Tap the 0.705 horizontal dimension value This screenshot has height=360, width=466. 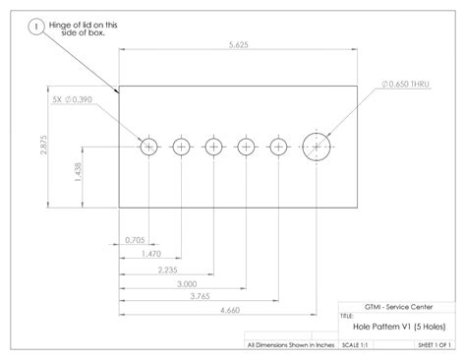click(x=135, y=240)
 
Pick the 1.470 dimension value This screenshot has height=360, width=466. click(x=150, y=254)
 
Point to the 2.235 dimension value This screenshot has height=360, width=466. click(x=166, y=268)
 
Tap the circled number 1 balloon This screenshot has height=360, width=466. click(x=37, y=29)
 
